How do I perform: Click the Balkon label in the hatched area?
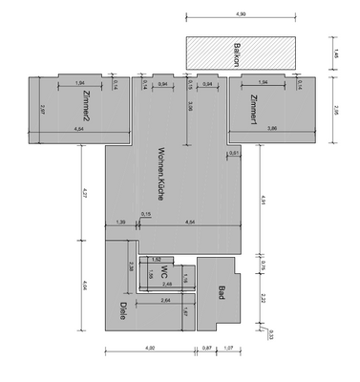[241, 52]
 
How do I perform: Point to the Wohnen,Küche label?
[164, 175]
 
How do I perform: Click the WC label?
[164, 273]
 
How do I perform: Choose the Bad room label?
[221, 293]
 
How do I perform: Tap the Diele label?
[123, 310]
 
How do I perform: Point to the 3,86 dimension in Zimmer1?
[272, 127]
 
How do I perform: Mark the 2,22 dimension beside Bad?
[263, 299]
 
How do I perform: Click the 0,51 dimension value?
[234, 152]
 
